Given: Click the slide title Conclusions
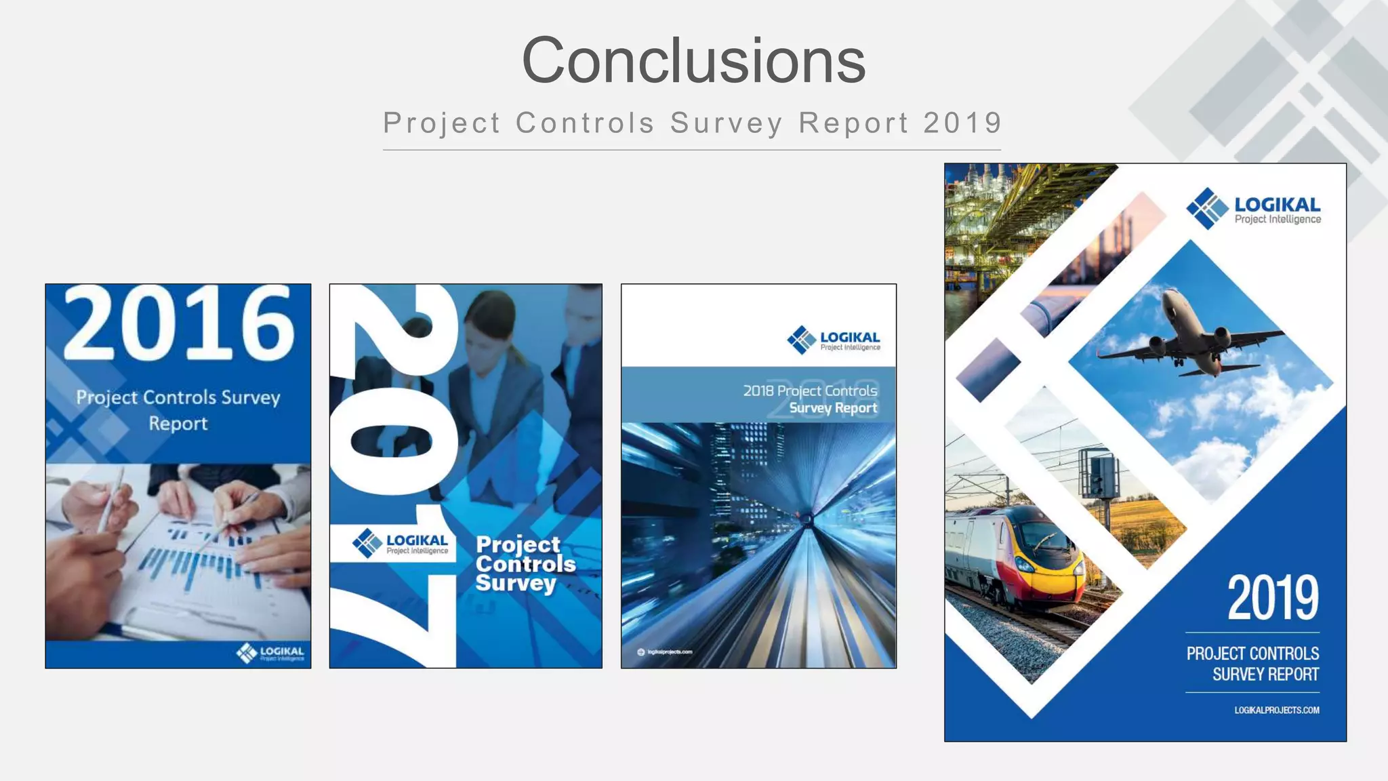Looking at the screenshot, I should coord(693,61).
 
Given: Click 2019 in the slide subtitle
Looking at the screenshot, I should coord(962,123).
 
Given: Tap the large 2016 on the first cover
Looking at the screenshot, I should coord(179,324).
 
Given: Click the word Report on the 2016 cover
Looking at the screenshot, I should coord(178,424).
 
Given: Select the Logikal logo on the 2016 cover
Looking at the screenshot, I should coord(270,653).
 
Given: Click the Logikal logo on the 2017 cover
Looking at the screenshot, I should coord(400,543).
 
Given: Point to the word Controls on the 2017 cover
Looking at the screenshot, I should coord(525,564).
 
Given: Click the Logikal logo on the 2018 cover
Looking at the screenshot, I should coord(834,340).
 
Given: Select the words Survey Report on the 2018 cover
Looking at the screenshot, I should coord(833,408).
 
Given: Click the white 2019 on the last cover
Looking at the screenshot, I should coord(1273,597).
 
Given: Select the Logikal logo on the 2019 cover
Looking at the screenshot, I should coord(1254,208).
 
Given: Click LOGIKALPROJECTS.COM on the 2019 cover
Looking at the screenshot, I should coord(1276,710).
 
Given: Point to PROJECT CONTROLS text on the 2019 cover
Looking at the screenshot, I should coord(1252,654).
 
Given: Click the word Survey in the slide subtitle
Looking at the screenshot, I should coord(727,123).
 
